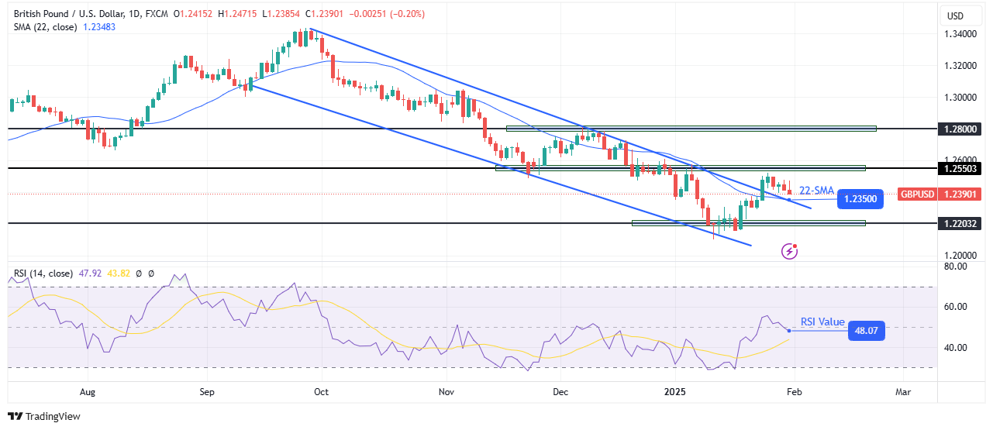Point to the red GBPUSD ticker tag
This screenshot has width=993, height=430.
915,194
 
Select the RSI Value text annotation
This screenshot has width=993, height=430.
822,322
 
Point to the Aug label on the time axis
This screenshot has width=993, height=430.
87,392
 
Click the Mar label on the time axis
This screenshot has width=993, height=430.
903,392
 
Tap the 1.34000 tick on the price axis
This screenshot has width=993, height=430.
961,34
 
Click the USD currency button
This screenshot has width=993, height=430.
955,15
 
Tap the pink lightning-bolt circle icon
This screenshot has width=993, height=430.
790,250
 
